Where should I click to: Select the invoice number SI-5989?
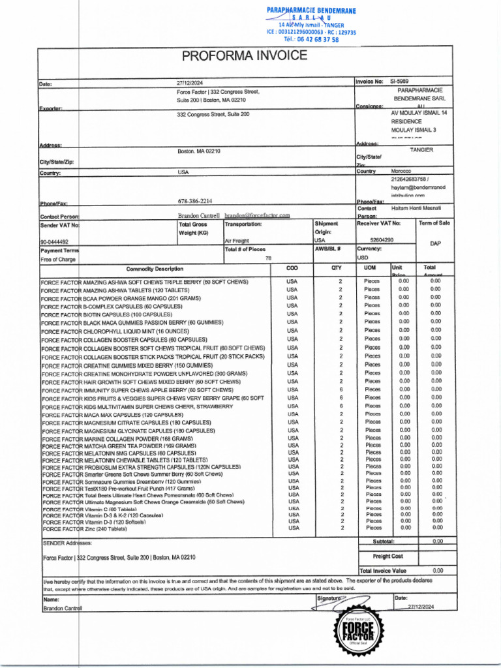click(x=399, y=82)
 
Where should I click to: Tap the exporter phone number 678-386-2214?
click(x=194, y=201)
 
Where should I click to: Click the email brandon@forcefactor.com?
click(x=257, y=215)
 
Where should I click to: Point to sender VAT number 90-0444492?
click(x=55, y=241)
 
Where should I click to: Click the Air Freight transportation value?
click(x=237, y=241)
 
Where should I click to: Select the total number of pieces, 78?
click(x=268, y=258)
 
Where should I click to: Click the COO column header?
click(x=292, y=267)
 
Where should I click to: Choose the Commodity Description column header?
click(x=155, y=269)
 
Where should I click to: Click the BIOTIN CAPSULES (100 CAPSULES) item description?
click(x=106, y=314)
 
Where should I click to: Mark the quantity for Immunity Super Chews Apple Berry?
click(x=340, y=389)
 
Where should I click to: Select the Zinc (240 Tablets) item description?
click(x=85, y=529)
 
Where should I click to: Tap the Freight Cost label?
click(x=387, y=556)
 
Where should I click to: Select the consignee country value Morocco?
click(x=401, y=171)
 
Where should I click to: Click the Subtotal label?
click(x=384, y=541)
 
